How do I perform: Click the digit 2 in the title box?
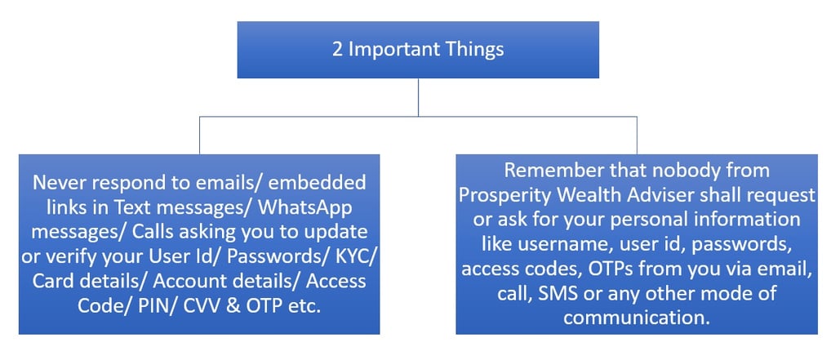(x=337, y=49)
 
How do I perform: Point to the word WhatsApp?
(x=305, y=209)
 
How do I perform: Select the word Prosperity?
(x=504, y=196)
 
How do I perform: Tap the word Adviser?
(x=655, y=195)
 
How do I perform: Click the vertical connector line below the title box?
(x=418, y=97)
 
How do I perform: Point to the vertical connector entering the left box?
(x=199, y=136)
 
